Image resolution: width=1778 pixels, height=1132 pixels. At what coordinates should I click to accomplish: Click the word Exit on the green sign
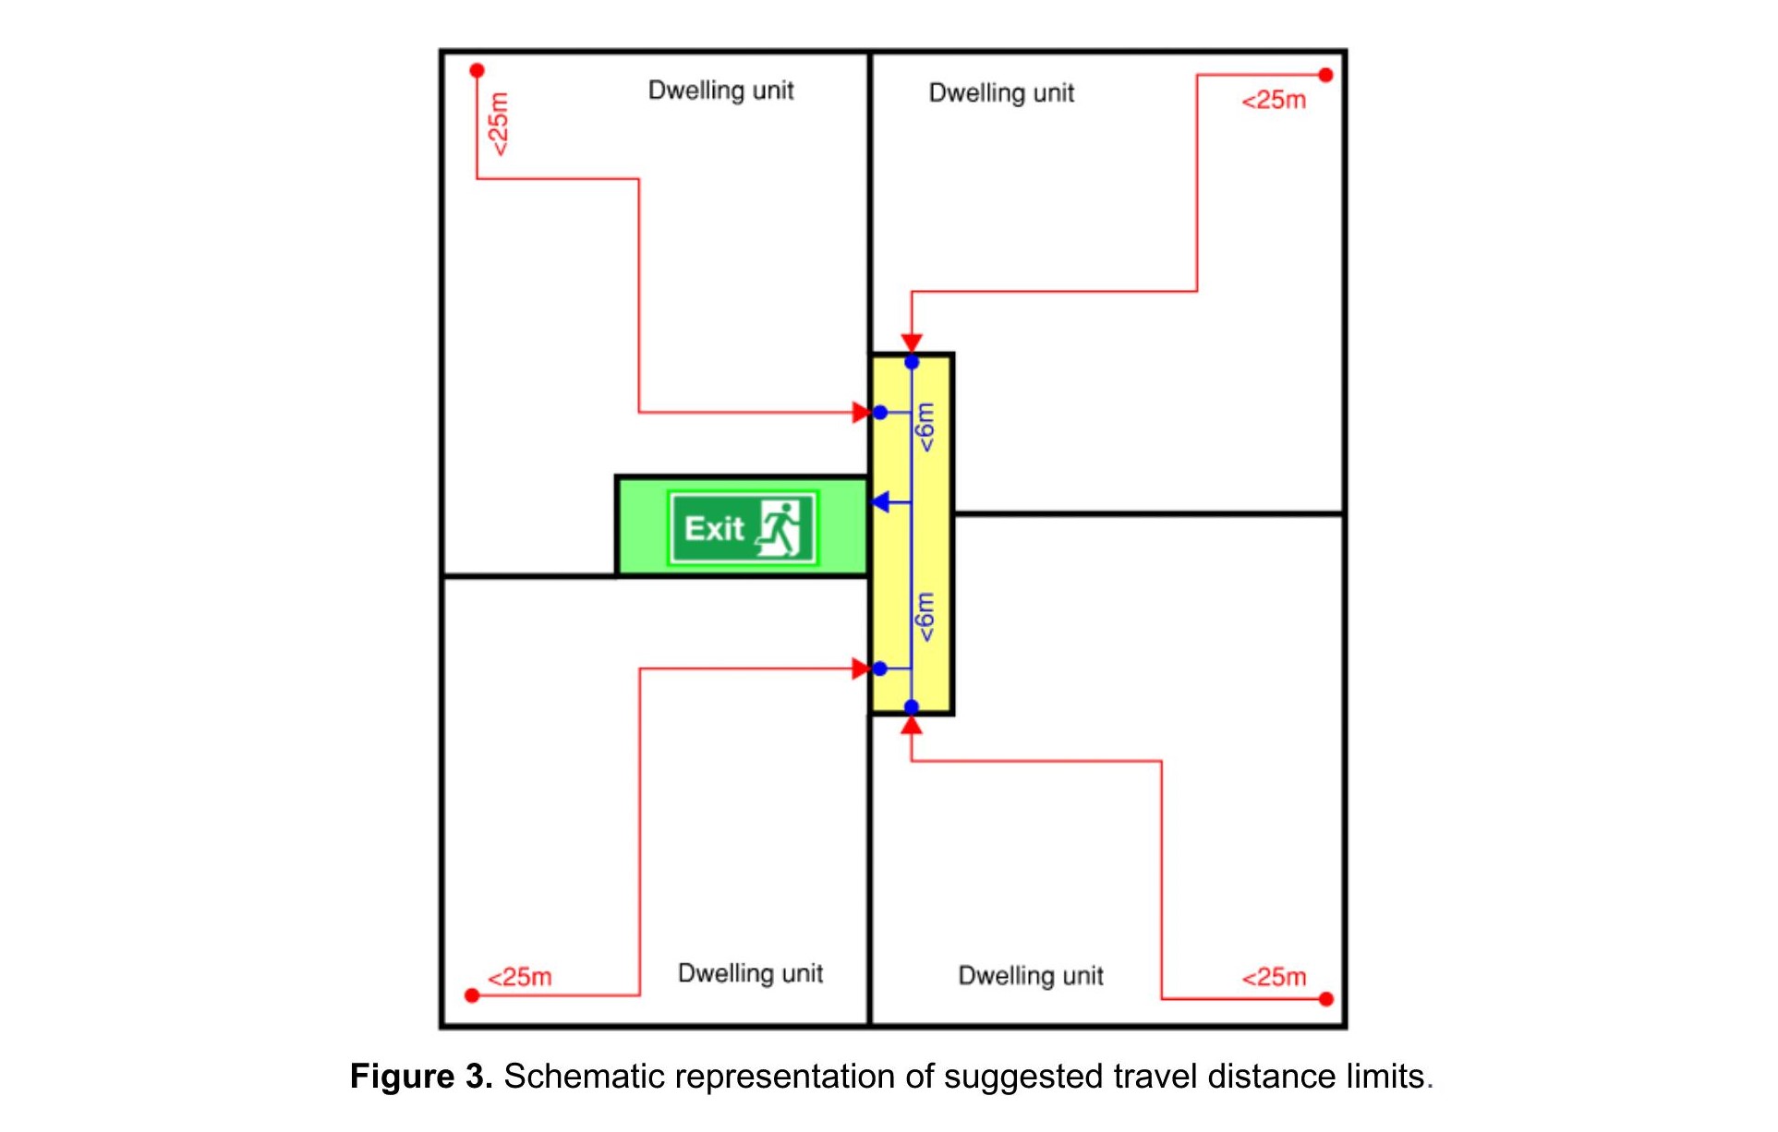[x=714, y=528]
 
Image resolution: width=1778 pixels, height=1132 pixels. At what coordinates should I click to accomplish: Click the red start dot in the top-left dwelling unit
[x=477, y=71]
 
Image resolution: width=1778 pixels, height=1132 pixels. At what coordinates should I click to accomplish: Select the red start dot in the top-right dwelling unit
[x=1325, y=75]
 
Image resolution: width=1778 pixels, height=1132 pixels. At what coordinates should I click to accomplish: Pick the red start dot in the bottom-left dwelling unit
[x=472, y=995]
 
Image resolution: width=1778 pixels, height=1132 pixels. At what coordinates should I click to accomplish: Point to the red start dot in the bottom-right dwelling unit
[x=1326, y=999]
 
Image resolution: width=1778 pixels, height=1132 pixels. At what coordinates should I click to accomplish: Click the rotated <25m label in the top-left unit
[x=498, y=124]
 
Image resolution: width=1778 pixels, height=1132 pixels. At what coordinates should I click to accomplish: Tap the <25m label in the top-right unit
[x=1274, y=100]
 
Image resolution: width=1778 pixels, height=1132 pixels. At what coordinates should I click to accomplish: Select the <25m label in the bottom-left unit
[x=520, y=977]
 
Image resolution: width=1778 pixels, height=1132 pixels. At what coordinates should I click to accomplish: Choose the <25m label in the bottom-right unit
[x=1274, y=977]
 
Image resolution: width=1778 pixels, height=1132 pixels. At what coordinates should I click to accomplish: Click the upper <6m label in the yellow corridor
[x=925, y=427]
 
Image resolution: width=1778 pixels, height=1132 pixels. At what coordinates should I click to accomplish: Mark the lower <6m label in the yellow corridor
[x=925, y=617]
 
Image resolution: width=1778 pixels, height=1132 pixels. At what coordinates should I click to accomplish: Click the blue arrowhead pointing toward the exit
[x=880, y=502]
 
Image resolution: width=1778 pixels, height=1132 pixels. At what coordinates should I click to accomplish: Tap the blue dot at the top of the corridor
[x=912, y=363]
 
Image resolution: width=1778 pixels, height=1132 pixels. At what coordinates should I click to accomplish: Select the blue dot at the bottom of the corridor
[x=912, y=707]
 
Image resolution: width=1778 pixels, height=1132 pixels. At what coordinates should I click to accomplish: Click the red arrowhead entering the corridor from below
[x=912, y=726]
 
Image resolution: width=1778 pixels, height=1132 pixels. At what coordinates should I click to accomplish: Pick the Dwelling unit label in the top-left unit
[x=720, y=90]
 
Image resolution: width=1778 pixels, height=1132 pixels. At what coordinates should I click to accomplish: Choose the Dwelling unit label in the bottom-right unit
[x=1031, y=976]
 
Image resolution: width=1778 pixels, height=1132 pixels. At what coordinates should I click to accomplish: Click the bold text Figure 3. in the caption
[x=421, y=1077]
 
